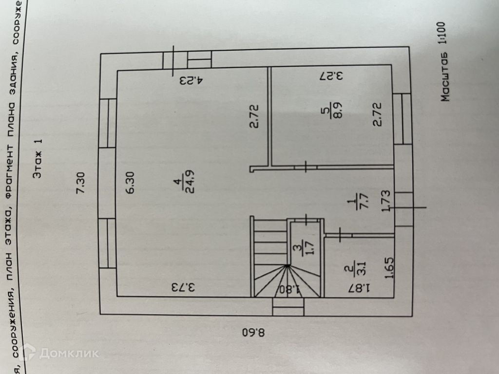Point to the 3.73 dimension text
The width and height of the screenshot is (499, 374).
[183, 287]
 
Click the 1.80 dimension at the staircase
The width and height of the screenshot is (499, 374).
[288, 289]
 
